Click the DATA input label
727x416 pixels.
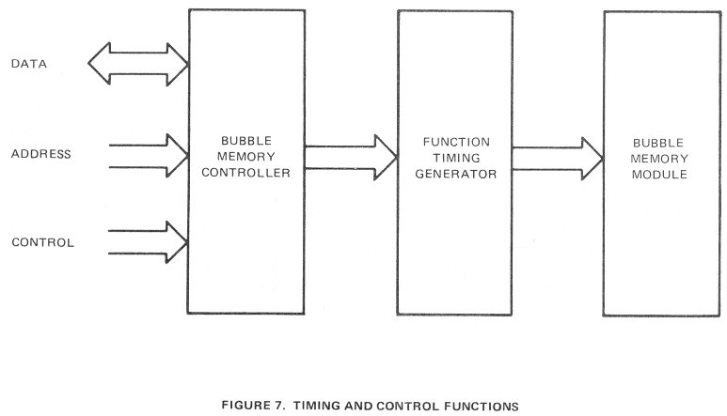(x=29, y=64)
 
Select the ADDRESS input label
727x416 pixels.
(x=41, y=154)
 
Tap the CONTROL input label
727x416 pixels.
(x=42, y=242)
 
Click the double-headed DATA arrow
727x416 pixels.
(x=138, y=64)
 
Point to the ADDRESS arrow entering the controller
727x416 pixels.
(x=149, y=156)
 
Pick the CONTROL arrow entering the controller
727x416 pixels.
(x=148, y=242)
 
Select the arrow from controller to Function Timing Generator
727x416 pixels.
(x=351, y=158)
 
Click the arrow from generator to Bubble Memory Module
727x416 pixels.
(x=558, y=159)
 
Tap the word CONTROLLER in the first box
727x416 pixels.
(x=245, y=173)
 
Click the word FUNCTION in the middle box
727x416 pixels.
(x=456, y=142)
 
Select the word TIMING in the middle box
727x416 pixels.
(x=457, y=159)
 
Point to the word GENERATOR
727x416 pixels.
(x=456, y=174)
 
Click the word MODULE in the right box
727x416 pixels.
(x=659, y=175)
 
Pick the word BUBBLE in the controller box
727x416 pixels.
(x=246, y=141)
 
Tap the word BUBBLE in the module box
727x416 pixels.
(x=658, y=143)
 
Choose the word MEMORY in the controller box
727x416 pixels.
(x=245, y=157)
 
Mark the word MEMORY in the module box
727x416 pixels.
(x=659, y=159)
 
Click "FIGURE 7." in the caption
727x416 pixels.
(x=253, y=406)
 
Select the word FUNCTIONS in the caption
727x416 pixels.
(x=482, y=407)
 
